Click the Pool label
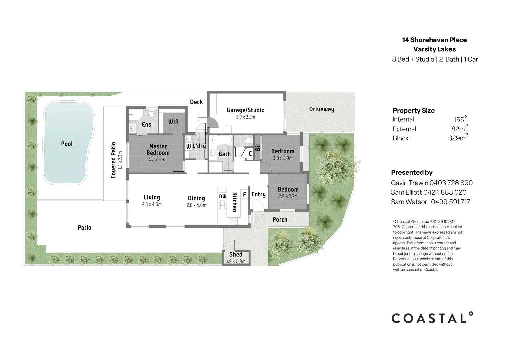click(67, 144)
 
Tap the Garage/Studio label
click(245, 110)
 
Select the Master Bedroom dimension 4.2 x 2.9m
click(158, 160)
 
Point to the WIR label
click(173, 122)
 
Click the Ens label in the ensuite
click(146, 125)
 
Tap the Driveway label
click(321, 109)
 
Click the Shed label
click(236, 254)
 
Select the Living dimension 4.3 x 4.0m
click(152, 204)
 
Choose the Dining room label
click(196, 198)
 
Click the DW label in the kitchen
click(223, 197)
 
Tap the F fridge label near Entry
click(244, 194)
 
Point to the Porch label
click(280, 219)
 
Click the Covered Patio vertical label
click(113, 160)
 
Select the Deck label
click(196, 102)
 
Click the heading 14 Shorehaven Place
click(434, 40)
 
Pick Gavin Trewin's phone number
click(451, 183)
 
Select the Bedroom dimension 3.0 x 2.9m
click(282, 158)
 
